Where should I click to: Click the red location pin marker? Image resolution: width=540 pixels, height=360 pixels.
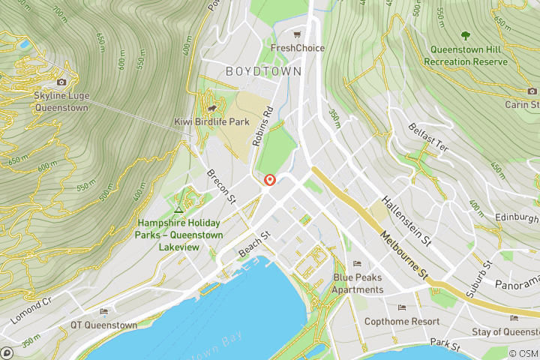point(270,180)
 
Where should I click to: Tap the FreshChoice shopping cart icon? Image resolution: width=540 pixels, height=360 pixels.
point(298,34)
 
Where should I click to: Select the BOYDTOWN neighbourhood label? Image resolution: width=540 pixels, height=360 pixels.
point(264,71)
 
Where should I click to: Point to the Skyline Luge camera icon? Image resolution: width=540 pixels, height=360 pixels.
point(61,82)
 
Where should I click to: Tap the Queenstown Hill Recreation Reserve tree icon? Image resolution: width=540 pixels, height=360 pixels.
point(465,34)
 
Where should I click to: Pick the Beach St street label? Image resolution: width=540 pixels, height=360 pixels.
point(253,244)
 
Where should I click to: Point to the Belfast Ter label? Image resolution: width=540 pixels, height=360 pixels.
point(428,137)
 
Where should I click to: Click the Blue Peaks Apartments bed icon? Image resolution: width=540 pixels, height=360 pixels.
point(358,264)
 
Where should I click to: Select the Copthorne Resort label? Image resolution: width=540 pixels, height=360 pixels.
point(402,321)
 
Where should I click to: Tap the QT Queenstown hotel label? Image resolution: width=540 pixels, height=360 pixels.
point(104,325)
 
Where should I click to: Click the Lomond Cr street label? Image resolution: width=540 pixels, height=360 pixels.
point(31,310)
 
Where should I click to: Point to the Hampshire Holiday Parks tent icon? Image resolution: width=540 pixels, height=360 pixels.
point(178,209)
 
